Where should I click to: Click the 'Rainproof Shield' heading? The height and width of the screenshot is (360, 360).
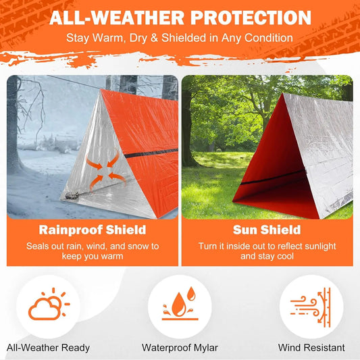point(93,230)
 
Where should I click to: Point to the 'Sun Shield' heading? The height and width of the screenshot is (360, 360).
point(266,230)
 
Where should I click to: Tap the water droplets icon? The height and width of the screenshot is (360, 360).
point(180,305)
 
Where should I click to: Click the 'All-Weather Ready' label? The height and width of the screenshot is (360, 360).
point(48,348)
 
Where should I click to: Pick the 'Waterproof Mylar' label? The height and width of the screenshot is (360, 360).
point(180,348)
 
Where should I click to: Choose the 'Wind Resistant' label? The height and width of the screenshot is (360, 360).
point(311,348)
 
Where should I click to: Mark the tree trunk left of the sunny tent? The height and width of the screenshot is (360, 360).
point(187,135)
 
